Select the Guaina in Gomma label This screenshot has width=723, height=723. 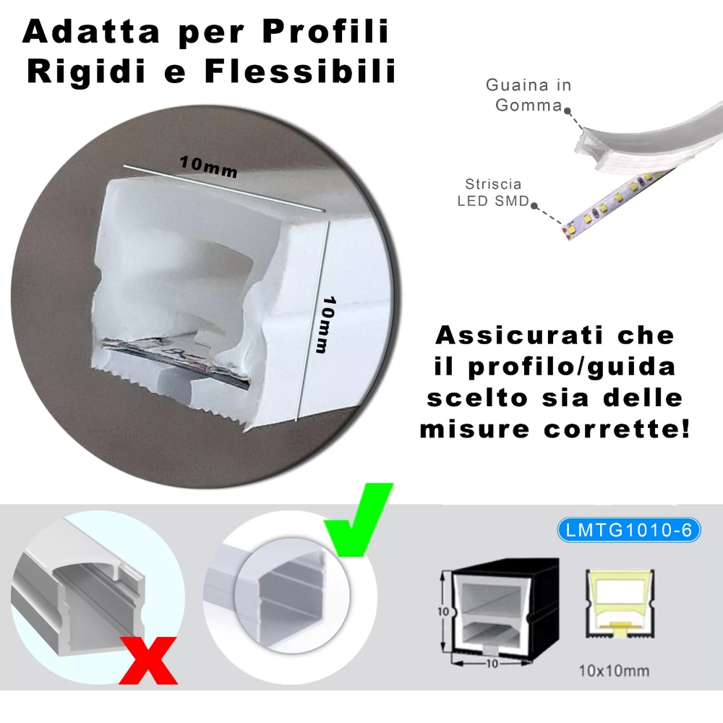click(529, 95)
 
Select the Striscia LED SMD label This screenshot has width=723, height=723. click(494, 193)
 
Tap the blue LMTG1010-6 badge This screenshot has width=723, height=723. click(629, 530)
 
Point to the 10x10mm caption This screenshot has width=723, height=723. click(614, 670)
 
